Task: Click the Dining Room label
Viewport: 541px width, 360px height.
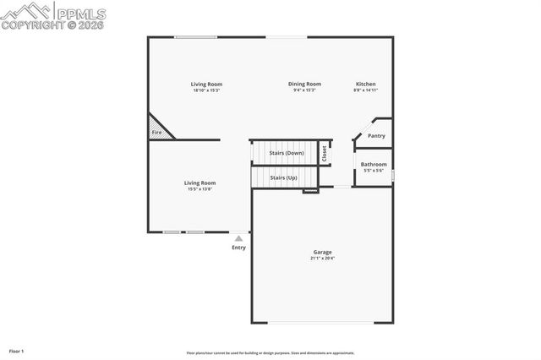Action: click(x=304, y=84)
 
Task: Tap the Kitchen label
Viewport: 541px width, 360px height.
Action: click(x=365, y=84)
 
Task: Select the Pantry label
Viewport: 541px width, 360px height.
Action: click(x=376, y=136)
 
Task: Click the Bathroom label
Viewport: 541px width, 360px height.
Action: click(x=374, y=164)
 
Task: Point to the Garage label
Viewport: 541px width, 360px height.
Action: click(x=322, y=252)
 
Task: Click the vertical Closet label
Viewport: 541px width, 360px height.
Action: click(x=324, y=153)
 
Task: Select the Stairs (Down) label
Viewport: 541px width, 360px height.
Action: click(x=286, y=153)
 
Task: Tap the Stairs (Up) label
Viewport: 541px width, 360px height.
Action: click(x=283, y=178)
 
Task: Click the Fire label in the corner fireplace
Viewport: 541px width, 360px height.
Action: click(x=156, y=133)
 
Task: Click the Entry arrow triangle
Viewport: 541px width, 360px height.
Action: click(x=238, y=238)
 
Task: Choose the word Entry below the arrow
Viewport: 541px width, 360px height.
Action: click(x=238, y=248)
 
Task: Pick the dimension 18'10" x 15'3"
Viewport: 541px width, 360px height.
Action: click(x=206, y=90)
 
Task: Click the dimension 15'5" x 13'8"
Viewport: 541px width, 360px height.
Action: click(x=200, y=189)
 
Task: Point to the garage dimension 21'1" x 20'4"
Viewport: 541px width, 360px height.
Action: click(x=322, y=259)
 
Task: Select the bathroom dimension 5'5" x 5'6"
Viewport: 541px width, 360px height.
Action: click(x=374, y=171)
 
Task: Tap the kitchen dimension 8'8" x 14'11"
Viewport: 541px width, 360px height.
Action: click(x=365, y=90)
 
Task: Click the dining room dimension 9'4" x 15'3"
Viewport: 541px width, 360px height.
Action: click(x=304, y=90)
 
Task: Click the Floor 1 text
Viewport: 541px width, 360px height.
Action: click(x=17, y=350)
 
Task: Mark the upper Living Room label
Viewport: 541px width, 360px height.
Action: click(x=206, y=84)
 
